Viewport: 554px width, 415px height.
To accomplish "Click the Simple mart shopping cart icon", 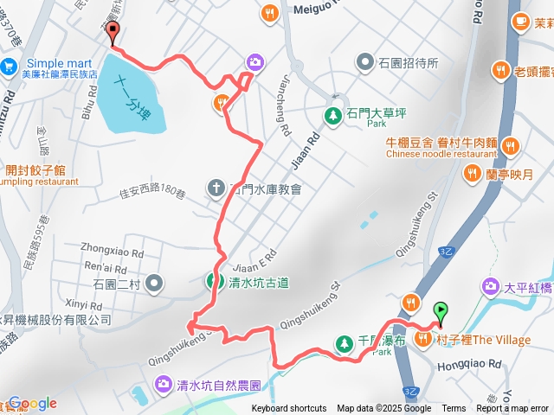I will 10,65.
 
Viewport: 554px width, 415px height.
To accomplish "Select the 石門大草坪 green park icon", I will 332,114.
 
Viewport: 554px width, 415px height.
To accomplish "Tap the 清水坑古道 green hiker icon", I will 212,280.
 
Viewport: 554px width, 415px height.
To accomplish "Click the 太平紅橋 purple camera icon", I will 490,285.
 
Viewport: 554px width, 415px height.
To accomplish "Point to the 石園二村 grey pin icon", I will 154,282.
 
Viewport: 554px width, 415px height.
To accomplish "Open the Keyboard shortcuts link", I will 288,409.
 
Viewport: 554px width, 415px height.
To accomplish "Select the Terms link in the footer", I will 454,409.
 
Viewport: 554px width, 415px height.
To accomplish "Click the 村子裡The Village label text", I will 484,340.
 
